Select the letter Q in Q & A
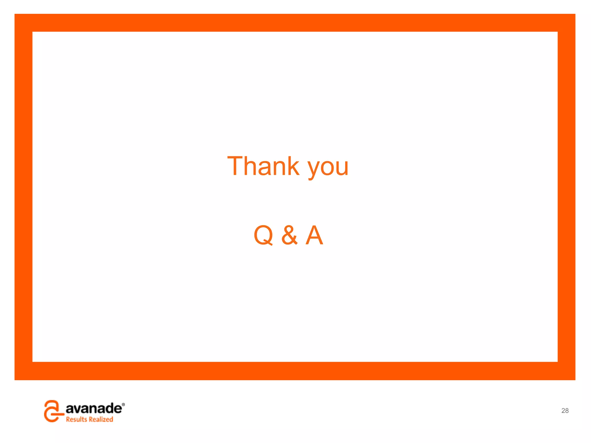263,235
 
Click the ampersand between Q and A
289,235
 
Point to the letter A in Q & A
314,235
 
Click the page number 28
565,411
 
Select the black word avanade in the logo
93,408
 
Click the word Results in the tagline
76,419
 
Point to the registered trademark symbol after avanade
124,405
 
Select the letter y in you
314,170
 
